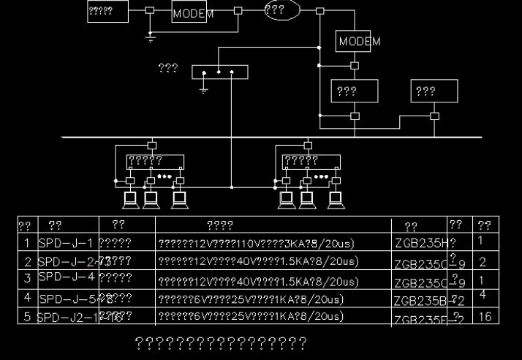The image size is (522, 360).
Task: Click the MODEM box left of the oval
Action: [193, 13]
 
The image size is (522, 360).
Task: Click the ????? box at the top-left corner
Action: [107, 11]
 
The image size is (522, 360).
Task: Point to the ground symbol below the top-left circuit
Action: [151, 37]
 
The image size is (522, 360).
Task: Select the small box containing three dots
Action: [220, 72]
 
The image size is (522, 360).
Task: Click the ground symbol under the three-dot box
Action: [204, 88]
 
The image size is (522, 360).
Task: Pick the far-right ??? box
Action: [434, 91]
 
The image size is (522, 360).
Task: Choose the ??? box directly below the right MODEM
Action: [355, 91]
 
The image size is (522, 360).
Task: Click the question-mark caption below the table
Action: [221, 342]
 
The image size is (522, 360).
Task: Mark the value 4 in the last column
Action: [483, 293]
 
